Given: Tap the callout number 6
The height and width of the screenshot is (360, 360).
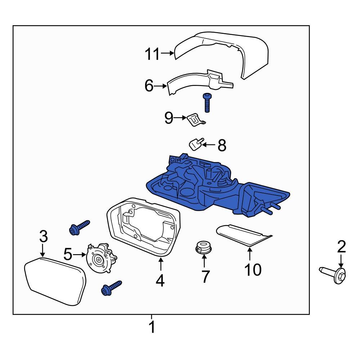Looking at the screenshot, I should (149, 86).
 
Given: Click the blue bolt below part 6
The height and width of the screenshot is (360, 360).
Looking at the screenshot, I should (207, 102).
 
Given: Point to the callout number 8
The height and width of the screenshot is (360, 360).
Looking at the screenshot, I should (222, 145).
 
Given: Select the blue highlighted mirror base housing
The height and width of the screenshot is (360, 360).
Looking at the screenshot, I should (216, 187).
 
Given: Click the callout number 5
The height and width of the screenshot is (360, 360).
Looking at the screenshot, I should (68, 254).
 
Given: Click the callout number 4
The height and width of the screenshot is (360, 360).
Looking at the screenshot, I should (160, 280).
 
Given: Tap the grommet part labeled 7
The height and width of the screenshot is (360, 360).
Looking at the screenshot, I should (203, 248).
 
